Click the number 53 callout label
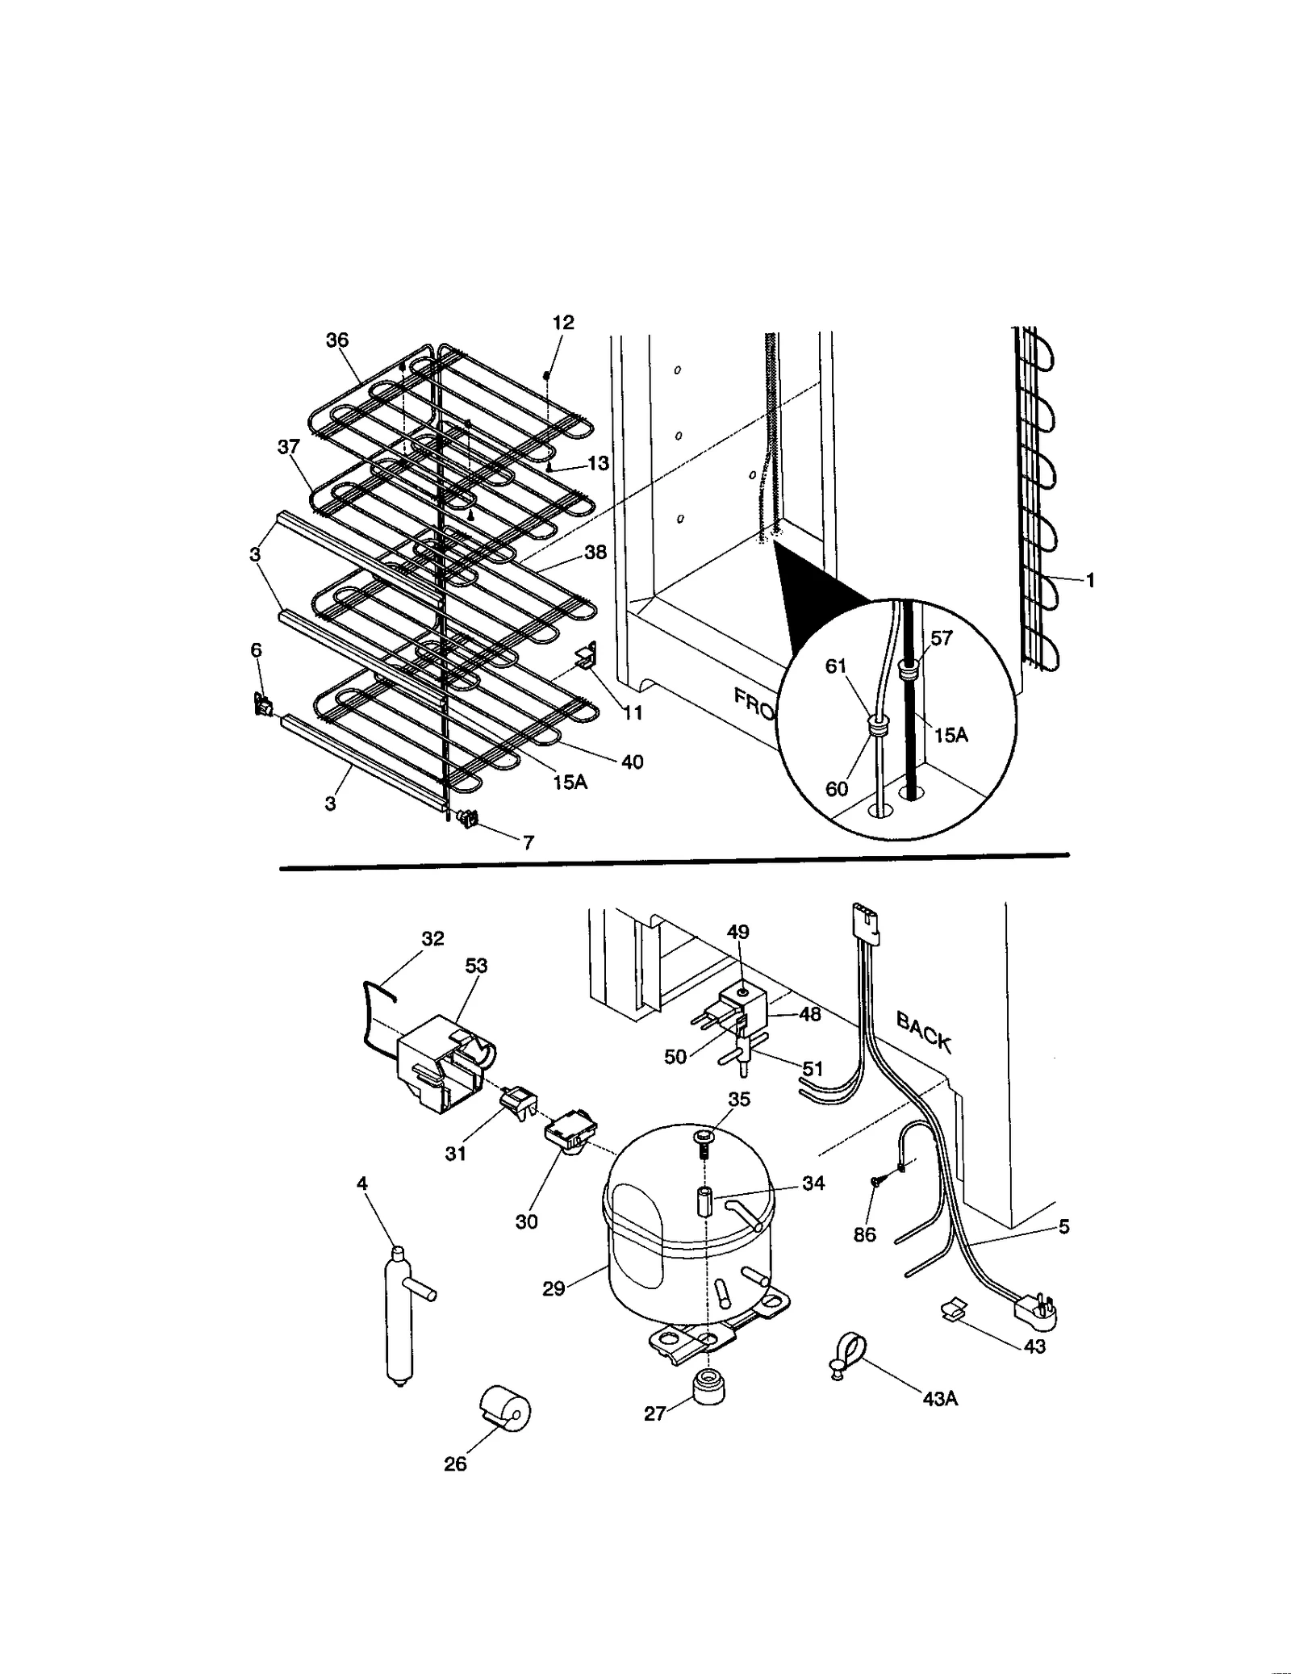(x=476, y=966)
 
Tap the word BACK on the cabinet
(x=924, y=1033)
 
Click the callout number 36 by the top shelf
(x=337, y=340)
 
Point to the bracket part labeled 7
(x=467, y=820)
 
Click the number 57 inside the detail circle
(x=942, y=638)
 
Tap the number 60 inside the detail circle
(x=837, y=788)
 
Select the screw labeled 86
(x=876, y=1181)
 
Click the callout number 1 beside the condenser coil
(x=1090, y=580)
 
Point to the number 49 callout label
(x=737, y=933)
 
